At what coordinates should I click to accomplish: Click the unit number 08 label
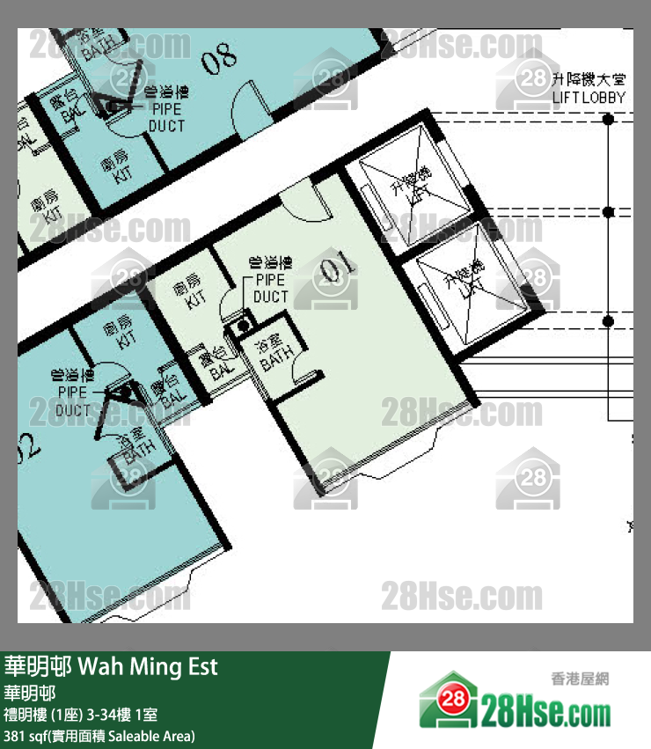coord(219,58)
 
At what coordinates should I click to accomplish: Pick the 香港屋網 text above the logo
coord(580,678)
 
